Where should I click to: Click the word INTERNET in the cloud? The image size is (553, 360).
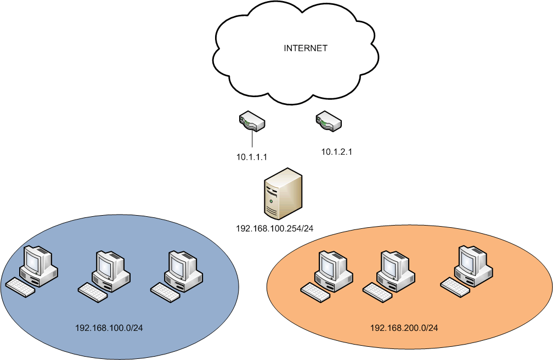coord(305,48)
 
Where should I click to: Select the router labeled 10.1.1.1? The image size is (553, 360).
coord(252,121)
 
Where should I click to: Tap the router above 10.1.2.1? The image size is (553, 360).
coord(329,121)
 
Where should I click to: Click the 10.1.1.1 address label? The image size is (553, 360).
coord(251,157)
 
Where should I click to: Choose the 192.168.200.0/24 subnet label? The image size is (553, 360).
coord(404,328)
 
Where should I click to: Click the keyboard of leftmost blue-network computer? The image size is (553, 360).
coord(20,286)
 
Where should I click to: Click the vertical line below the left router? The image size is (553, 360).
coord(252,138)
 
